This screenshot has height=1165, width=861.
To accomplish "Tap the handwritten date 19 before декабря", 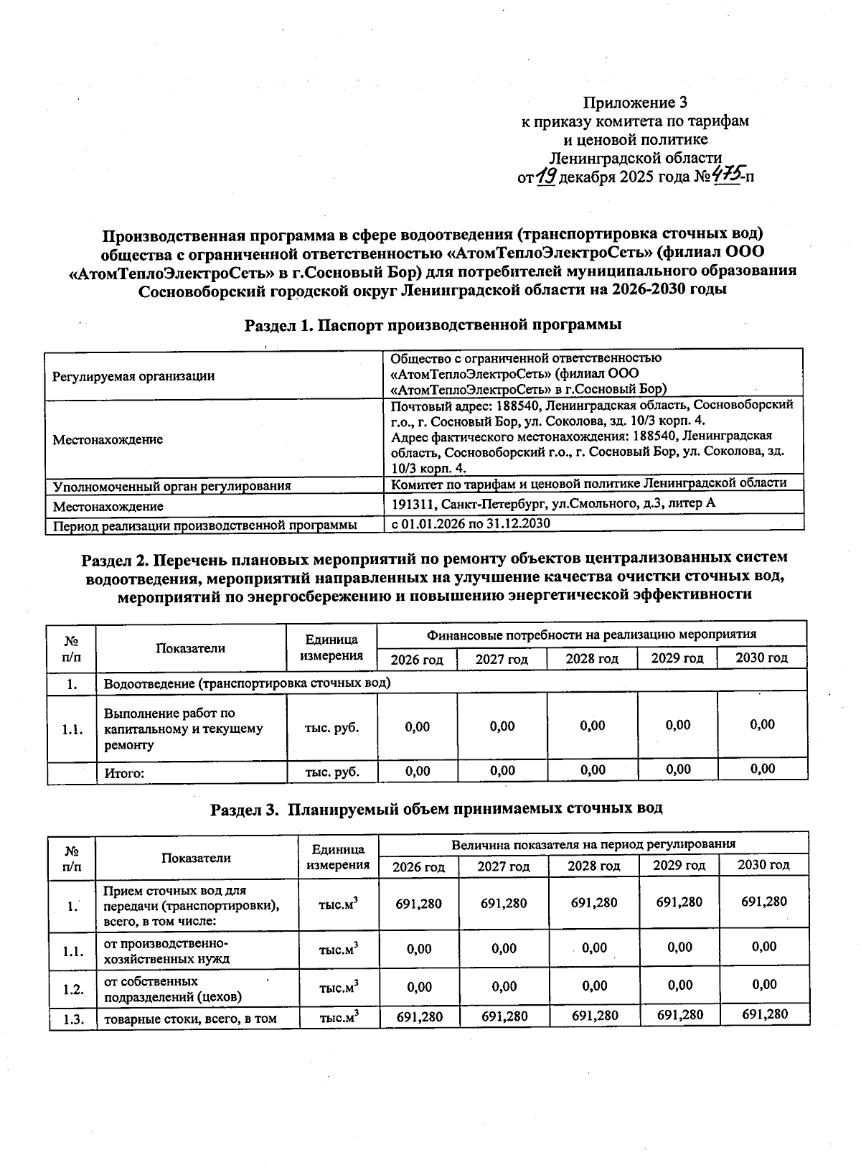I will pyautogui.click(x=547, y=175).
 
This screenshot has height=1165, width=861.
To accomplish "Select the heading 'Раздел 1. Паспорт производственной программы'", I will pyautogui.click(x=433, y=324).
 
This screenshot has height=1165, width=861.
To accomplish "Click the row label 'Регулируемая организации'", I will pyautogui.click(x=133, y=375).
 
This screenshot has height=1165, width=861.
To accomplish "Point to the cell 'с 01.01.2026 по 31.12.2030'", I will pyautogui.click(x=471, y=523).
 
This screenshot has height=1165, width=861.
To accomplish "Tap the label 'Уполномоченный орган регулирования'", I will pyautogui.click(x=172, y=486).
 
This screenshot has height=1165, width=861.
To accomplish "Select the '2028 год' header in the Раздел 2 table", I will pyautogui.click(x=592, y=658).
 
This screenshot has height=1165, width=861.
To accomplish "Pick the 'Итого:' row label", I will pyautogui.click(x=125, y=773).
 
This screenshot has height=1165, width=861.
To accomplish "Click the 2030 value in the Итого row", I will pyautogui.click(x=762, y=769).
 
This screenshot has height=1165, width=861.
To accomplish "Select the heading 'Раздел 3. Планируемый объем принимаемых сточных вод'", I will pyautogui.click(x=436, y=808).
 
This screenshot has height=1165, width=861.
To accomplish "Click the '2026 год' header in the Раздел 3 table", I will pyautogui.click(x=418, y=866).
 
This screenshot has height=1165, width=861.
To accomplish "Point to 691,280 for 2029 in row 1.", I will pyautogui.click(x=679, y=902).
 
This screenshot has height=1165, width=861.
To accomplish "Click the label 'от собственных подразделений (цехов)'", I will pyautogui.click(x=173, y=988).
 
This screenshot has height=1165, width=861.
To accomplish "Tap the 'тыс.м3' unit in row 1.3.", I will pyautogui.click(x=338, y=1017).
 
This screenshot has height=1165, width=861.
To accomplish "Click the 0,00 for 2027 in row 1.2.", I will pyautogui.click(x=504, y=987).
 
